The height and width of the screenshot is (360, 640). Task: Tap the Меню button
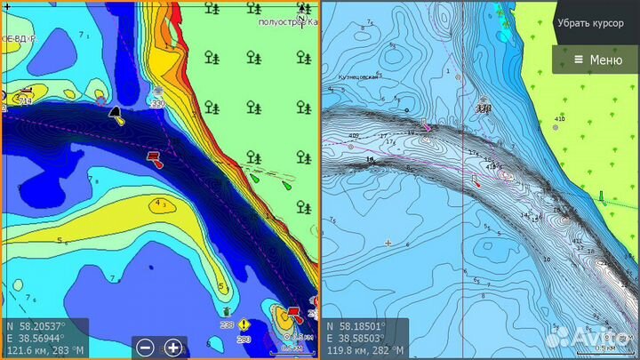(x=596, y=60)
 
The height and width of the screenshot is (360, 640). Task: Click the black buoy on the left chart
(x=115, y=113)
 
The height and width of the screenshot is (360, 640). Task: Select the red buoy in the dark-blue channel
(x=153, y=158)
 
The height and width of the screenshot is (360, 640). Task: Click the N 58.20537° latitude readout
(x=36, y=326)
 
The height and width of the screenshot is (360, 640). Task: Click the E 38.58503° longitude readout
(x=355, y=339)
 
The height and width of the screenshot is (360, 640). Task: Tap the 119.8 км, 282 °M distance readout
(x=362, y=351)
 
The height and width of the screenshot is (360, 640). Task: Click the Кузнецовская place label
(x=358, y=77)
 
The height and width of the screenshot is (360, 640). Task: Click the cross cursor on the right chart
(x=388, y=243)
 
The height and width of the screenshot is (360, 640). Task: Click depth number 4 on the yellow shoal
(x=158, y=204)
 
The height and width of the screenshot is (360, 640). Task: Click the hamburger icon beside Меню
(x=578, y=60)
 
